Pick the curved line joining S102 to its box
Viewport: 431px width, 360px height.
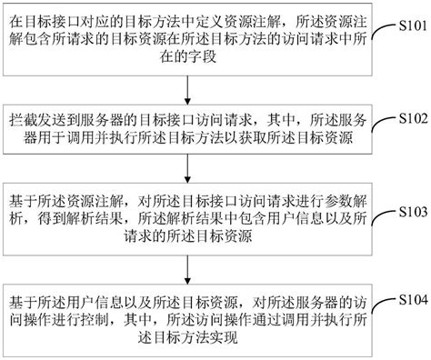382,125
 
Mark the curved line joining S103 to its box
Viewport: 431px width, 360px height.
382,216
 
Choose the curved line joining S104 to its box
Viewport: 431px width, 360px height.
382,305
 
